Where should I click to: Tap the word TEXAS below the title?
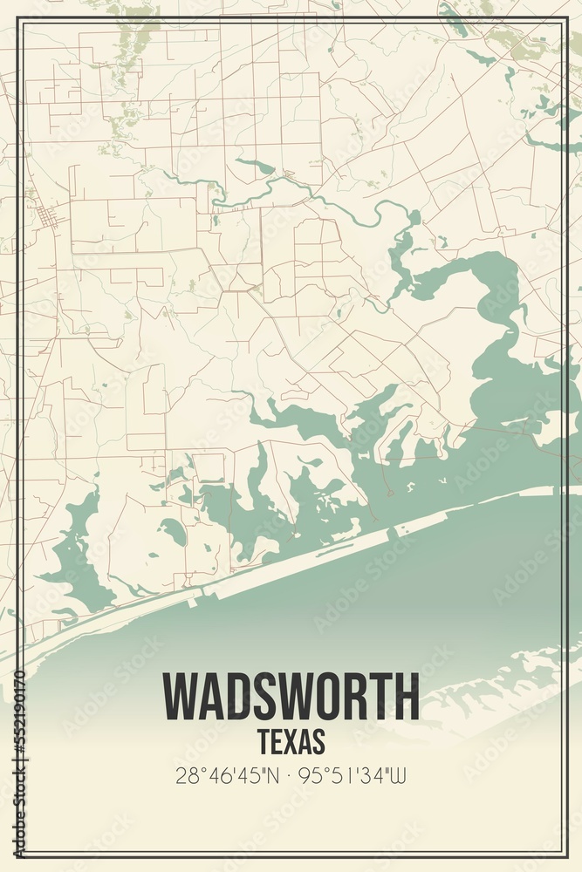click(x=291, y=741)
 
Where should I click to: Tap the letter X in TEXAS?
click(x=290, y=741)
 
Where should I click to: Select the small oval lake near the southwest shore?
click(x=173, y=531)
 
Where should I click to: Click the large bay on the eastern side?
click(x=515, y=384)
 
